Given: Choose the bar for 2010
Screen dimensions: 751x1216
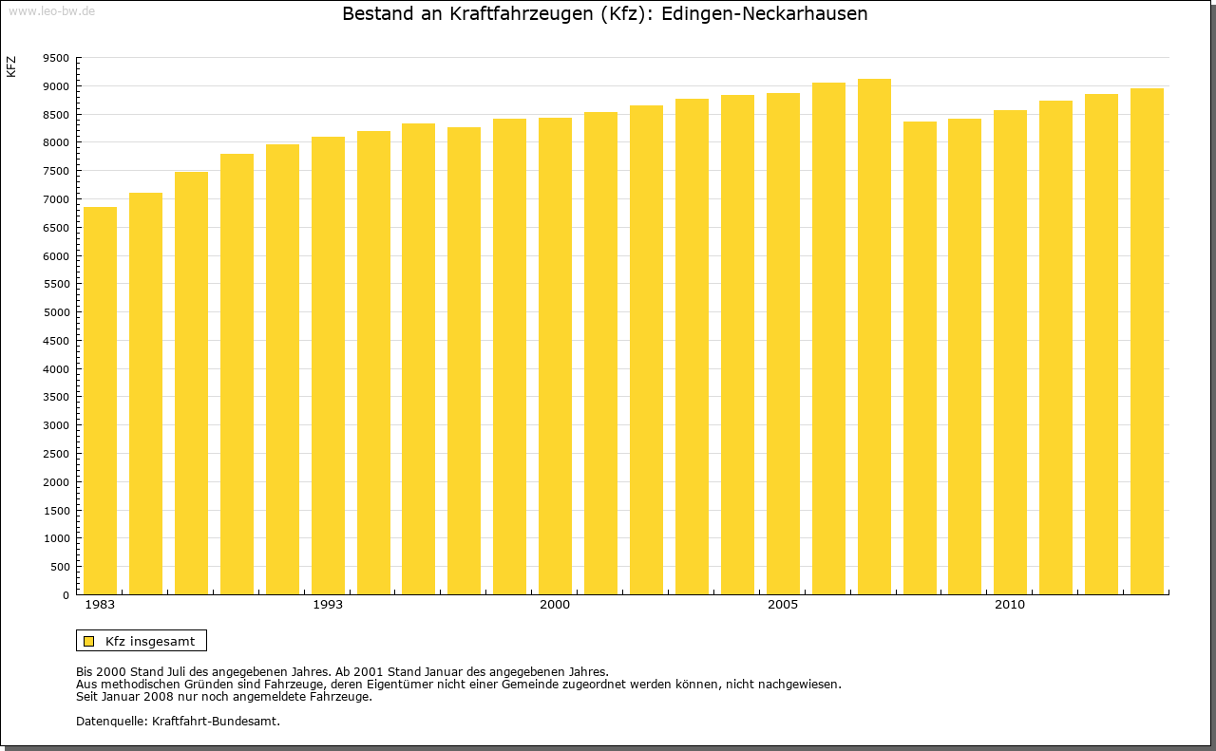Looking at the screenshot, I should tap(1010, 352).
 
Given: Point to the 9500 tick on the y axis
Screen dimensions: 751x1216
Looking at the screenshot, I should tap(56, 58).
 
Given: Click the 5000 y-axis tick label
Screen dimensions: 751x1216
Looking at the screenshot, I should tap(56, 312).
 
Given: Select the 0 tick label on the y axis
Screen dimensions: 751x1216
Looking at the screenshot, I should tap(65, 595).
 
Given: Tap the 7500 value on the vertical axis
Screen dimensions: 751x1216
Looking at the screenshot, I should tap(56, 171).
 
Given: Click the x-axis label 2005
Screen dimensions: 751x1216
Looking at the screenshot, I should tap(783, 605).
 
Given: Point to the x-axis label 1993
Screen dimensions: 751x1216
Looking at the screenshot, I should tap(328, 605).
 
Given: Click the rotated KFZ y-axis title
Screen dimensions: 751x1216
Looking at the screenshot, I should tap(11, 66).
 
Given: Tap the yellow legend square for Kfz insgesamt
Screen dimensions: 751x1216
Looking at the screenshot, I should tap(89, 641).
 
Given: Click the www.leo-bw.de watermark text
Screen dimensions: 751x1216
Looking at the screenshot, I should tap(50, 9).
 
